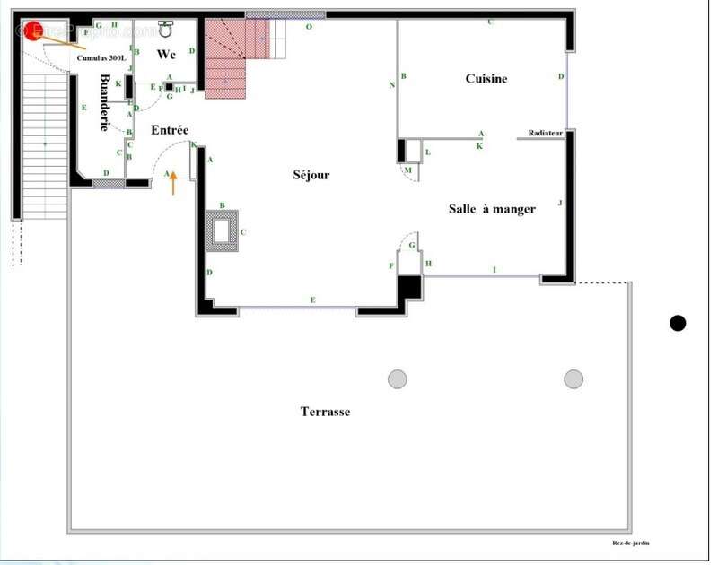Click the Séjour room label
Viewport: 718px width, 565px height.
click(311, 175)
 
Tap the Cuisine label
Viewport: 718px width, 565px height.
click(486, 79)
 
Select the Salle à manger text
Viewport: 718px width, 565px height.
click(492, 209)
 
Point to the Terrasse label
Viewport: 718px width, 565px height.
click(325, 412)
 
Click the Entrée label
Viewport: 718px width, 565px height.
click(170, 131)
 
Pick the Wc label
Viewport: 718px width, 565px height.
click(166, 54)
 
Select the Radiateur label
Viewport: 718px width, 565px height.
click(545, 133)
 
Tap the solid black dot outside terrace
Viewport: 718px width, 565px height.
click(678, 323)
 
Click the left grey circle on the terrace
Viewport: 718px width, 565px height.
click(398, 379)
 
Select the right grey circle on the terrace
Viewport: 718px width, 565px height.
click(574, 379)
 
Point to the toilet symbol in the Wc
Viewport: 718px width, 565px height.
click(166, 29)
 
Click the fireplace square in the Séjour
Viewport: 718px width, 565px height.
click(221, 230)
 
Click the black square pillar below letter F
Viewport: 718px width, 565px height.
click(409, 287)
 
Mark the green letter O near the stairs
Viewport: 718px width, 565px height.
click(309, 28)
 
